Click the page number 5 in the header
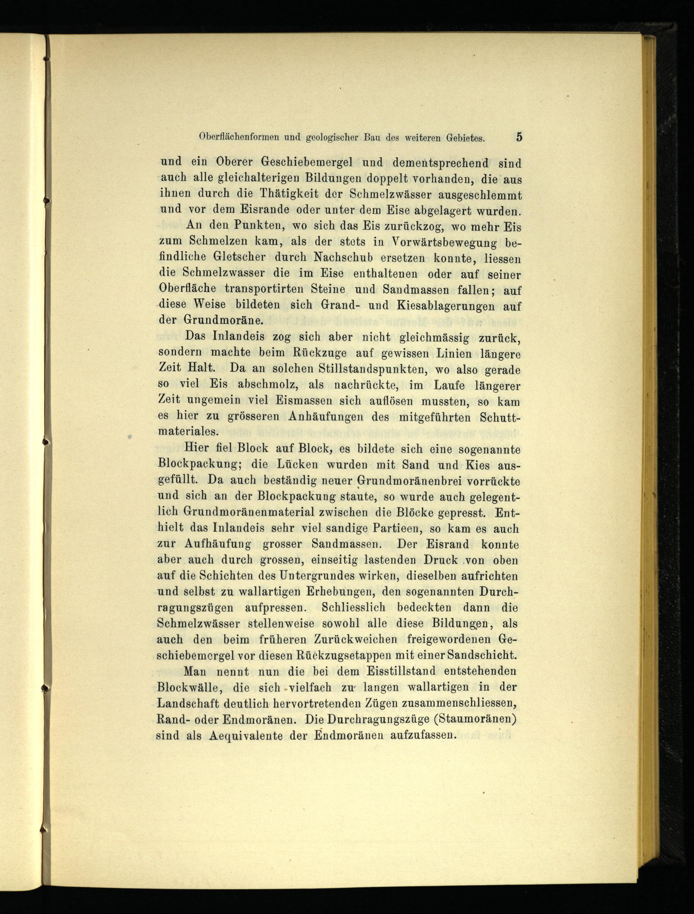[519, 137]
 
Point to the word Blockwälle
[190, 687]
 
